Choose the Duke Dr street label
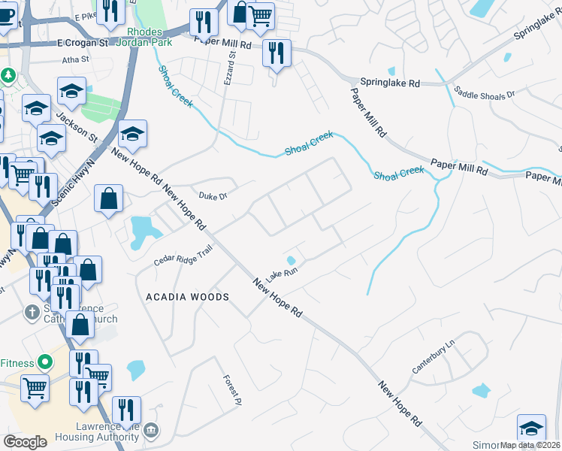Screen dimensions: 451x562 pyautogui.click(x=213, y=196)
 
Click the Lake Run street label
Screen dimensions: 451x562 pyautogui.click(x=282, y=272)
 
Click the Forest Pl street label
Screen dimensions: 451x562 pyautogui.click(x=231, y=386)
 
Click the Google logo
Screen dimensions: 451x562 pyautogui.click(x=24, y=442)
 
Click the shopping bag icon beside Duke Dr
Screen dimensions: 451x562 pyautogui.click(x=109, y=199)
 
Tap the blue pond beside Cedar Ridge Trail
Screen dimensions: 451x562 pyautogui.click(x=140, y=231)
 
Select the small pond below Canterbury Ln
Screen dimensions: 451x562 pyautogui.click(x=480, y=391)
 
